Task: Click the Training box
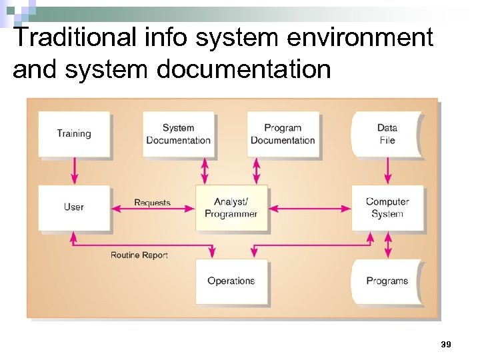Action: pyautogui.click(x=73, y=133)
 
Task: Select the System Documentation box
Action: pyautogui.click(x=178, y=133)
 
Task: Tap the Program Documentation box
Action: pyautogui.click(x=283, y=133)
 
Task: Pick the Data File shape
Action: pyautogui.click(x=387, y=133)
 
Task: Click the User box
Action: pyautogui.click(x=73, y=207)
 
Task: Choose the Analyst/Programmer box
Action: pyautogui.click(x=231, y=207)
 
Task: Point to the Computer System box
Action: pyautogui.click(x=387, y=207)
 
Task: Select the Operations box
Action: pyautogui.click(x=231, y=281)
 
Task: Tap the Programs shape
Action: pyautogui.click(x=387, y=281)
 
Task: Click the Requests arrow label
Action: pyautogui.click(x=152, y=203)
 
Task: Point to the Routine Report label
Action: pyautogui.click(x=139, y=255)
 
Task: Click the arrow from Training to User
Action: pyautogui.click(x=74, y=171)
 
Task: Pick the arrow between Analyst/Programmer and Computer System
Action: pyautogui.click(x=310, y=209)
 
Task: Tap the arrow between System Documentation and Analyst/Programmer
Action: pyautogui.click(x=205, y=171)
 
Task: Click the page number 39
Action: pyautogui.click(x=446, y=345)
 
